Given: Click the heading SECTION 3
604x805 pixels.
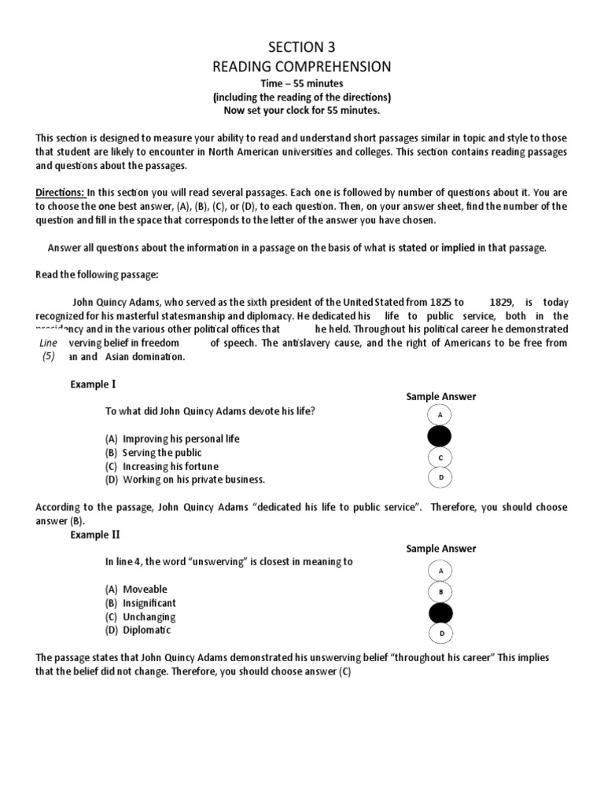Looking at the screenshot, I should (x=302, y=46).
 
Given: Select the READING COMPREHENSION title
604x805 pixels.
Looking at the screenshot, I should (x=302, y=66).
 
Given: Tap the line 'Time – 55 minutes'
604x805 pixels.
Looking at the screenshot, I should (x=302, y=83).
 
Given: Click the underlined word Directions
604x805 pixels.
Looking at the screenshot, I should (x=60, y=192).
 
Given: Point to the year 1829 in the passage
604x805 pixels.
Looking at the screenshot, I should (x=502, y=302).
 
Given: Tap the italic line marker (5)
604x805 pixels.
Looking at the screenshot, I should (x=49, y=356).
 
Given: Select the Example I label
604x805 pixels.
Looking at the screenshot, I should (x=93, y=384).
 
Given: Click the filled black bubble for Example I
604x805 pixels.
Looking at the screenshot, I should (x=440, y=436).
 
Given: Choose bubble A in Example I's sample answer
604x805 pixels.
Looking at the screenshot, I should (x=440, y=415).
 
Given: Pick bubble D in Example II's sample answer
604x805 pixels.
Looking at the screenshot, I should (x=441, y=633).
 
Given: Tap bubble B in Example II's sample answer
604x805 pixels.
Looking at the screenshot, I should (x=440, y=590).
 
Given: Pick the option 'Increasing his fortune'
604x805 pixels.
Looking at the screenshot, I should (x=171, y=466).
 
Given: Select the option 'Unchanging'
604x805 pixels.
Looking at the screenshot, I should (x=149, y=617).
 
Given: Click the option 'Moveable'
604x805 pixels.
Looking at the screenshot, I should (x=145, y=589).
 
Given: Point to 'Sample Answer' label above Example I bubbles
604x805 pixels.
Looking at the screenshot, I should (x=440, y=397).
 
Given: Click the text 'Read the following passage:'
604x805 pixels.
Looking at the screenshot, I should (x=97, y=274).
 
